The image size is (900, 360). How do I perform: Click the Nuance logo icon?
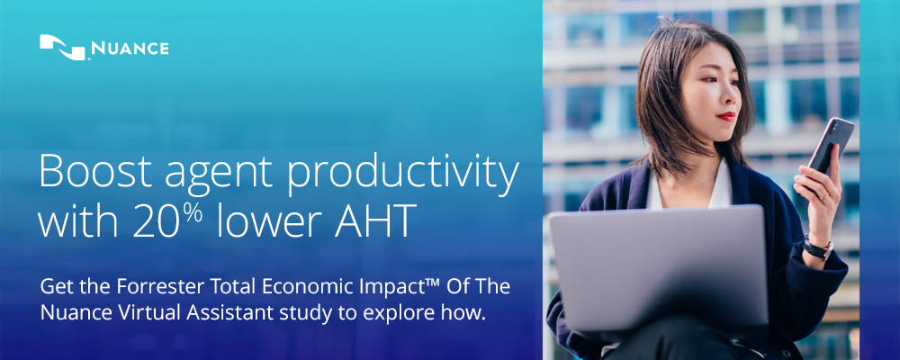tap(63, 47)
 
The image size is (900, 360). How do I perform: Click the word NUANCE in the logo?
tap(130, 49)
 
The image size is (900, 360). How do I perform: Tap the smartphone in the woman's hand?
tap(831, 146)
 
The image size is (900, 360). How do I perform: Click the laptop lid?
tap(659, 266)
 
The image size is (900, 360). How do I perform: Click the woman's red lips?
tap(726, 116)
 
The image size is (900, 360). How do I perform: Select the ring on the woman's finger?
tap(823, 196)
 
